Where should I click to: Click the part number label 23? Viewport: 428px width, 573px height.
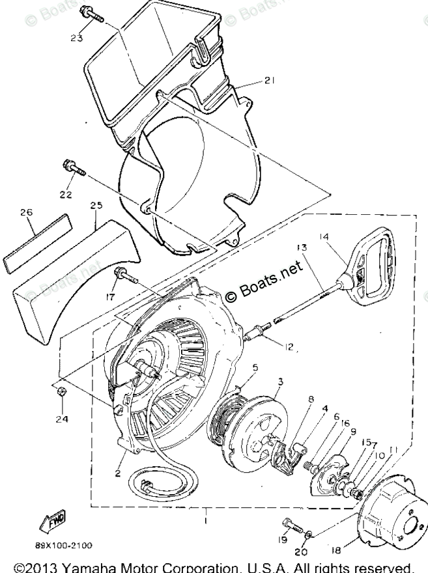pyautogui.click(x=77, y=38)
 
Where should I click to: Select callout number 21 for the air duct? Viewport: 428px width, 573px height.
pyautogui.click(x=270, y=80)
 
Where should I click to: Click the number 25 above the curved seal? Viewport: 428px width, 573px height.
pyautogui.click(x=96, y=206)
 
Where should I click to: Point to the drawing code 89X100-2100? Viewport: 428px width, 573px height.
pyautogui.click(x=64, y=544)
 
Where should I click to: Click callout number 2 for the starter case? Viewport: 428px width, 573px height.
pyautogui.click(x=118, y=473)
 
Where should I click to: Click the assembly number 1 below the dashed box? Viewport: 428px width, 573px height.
pyautogui.click(x=207, y=521)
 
